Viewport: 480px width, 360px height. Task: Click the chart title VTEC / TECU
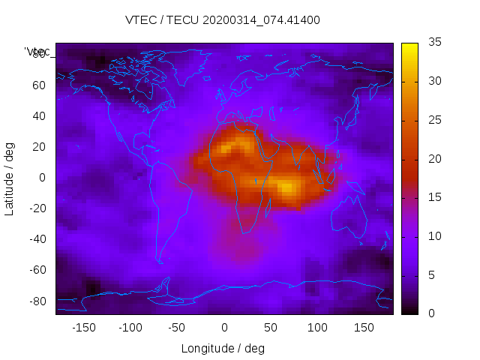222,20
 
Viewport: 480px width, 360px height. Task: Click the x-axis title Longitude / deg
223,349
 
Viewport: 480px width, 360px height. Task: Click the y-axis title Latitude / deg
10,178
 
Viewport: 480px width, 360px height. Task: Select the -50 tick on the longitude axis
177,328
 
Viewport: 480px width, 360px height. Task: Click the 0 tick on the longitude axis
224,328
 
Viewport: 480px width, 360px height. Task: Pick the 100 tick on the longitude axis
317,328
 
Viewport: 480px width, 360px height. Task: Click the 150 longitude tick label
364,328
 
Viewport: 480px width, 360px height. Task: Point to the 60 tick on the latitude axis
39,85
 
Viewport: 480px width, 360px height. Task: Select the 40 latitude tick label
39,116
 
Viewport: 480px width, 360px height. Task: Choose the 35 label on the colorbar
433,43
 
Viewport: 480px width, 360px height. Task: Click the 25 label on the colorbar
433,120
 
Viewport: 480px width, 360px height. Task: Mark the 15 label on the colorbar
433,197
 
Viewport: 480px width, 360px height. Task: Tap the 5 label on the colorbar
430,274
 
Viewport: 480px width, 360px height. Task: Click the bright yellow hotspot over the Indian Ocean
287,187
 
